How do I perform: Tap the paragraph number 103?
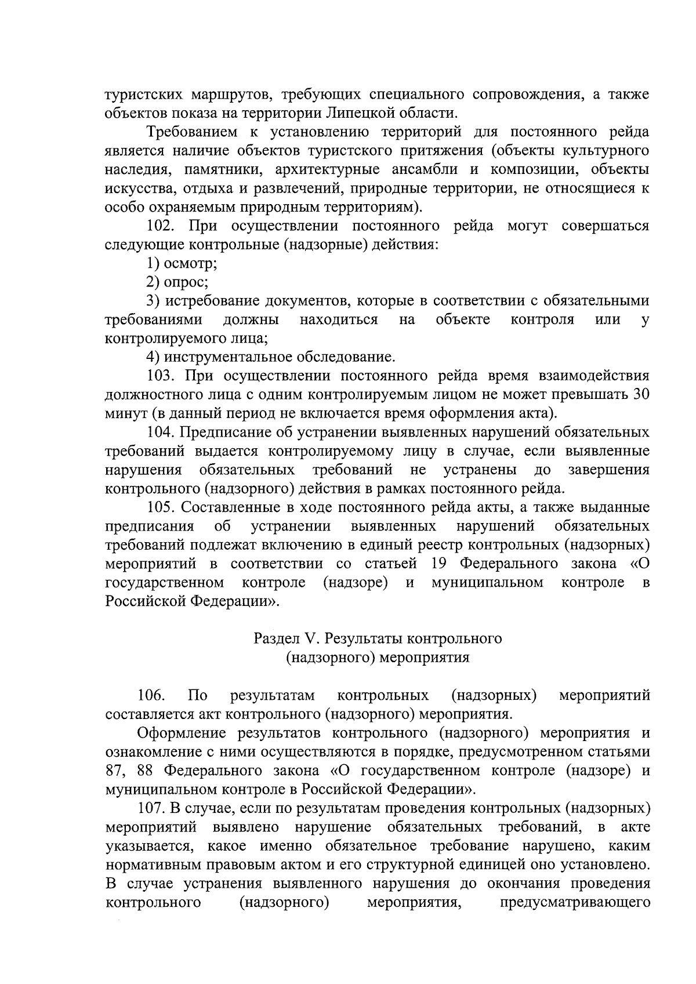tap(161, 375)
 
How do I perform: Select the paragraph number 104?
tap(161, 432)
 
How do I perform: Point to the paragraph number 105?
tap(161, 507)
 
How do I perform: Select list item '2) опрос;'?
tap(177, 282)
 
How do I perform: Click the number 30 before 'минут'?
tap(640, 394)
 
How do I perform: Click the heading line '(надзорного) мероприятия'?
tap(378, 658)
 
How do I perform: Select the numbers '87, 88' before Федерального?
tap(130, 771)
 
